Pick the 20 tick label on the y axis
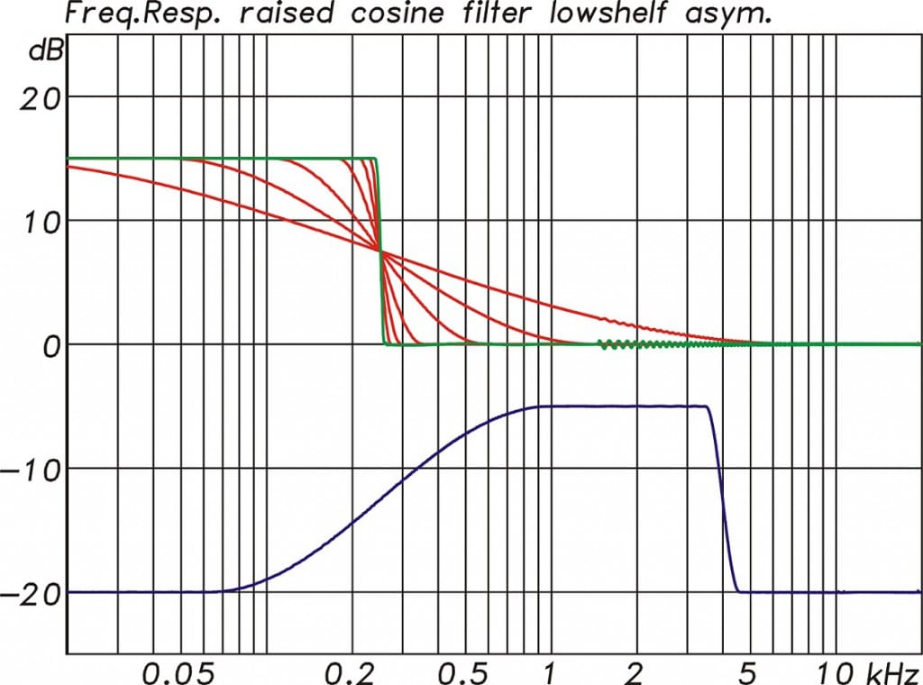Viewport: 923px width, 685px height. point(41,96)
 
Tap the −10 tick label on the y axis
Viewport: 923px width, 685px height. point(33,470)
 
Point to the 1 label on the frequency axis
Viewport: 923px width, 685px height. point(548,672)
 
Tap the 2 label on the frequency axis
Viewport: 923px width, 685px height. point(635,672)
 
